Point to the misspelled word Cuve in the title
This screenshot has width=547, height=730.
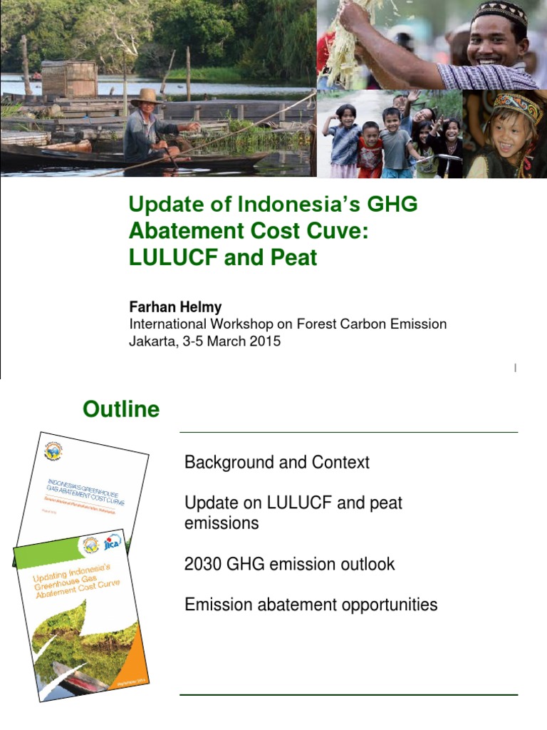pyautogui.click(x=340, y=231)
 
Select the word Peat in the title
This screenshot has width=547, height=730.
pyautogui.click(x=292, y=257)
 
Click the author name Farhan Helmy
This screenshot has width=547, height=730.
pyautogui.click(x=175, y=307)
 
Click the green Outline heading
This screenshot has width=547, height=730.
pyautogui.click(x=121, y=410)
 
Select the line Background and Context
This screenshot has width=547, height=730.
pyautogui.click(x=277, y=463)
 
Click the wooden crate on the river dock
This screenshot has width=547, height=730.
pyautogui.click(x=69, y=78)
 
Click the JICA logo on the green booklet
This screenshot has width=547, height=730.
pyautogui.click(x=113, y=543)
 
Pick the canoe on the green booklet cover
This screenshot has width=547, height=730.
pyautogui.click(x=78, y=676)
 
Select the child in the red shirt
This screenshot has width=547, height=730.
pyautogui.click(x=369, y=150)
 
